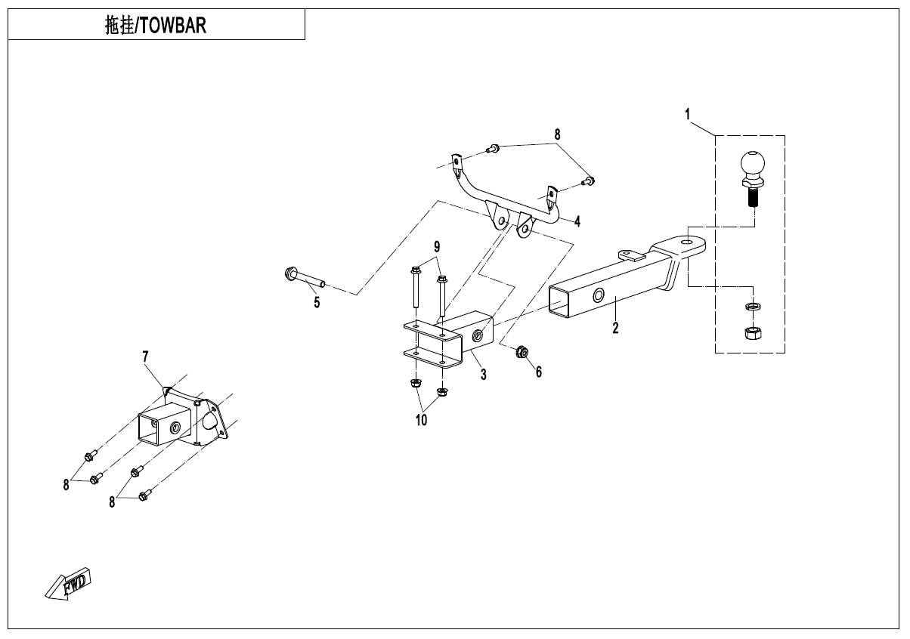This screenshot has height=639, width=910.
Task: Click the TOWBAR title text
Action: tap(156, 26)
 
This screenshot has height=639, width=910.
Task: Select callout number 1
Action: tap(687, 115)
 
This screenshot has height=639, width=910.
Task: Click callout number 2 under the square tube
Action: tap(616, 328)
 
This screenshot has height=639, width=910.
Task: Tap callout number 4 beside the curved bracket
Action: tap(577, 221)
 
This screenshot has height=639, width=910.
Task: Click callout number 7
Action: tap(145, 355)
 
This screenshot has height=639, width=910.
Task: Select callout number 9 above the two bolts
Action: tap(437, 247)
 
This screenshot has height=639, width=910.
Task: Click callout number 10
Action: tap(421, 419)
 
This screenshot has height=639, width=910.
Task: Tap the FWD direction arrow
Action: tap(70, 584)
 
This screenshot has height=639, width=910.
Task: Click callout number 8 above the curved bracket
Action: tap(557, 134)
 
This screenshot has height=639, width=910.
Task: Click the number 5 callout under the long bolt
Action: tap(317, 303)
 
